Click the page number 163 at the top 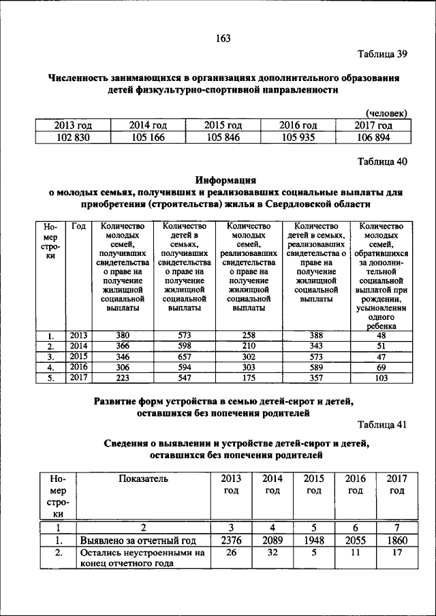pyautogui.click(x=223, y=38)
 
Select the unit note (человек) pyautogui.click(x=386, y=113)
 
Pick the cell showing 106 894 pyautogui.click(x=373, y=137)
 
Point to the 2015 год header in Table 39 pyautogui.click(x=223, y=125)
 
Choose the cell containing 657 pyautogui.click(x=185, y=356)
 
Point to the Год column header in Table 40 pyautogui.click(x=78, y=227)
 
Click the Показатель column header pyautogui.click(x=143, y=479)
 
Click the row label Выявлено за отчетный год pyautogui.click(x=138, y=540)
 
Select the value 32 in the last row pyautogui.click(x=272, y=553)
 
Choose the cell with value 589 pyautogui.click(x=315, y=366)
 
